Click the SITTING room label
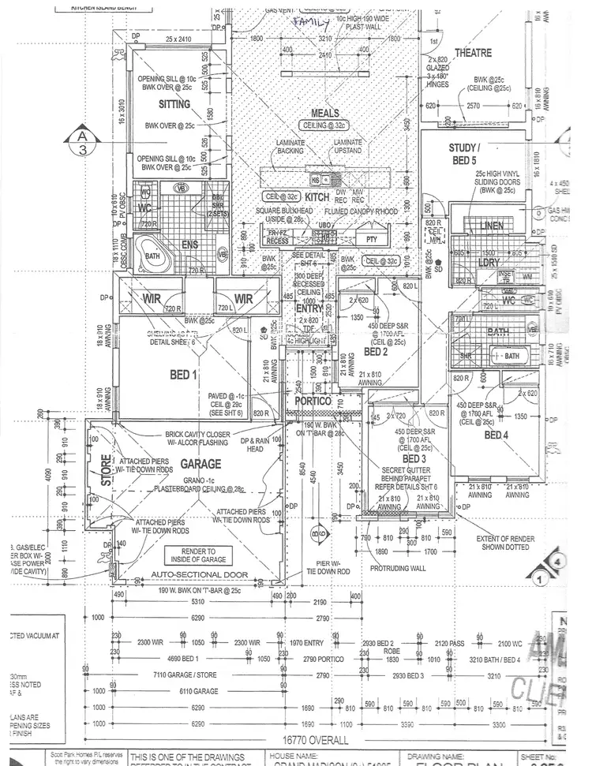click(x=174, y=104)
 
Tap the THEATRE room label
click(x=472, y=53)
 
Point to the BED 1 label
click(x=182, y=375)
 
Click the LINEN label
click(x=492, y=226)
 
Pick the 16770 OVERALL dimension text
click(x=315, y=740)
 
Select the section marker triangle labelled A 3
click(x=81, y=143)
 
